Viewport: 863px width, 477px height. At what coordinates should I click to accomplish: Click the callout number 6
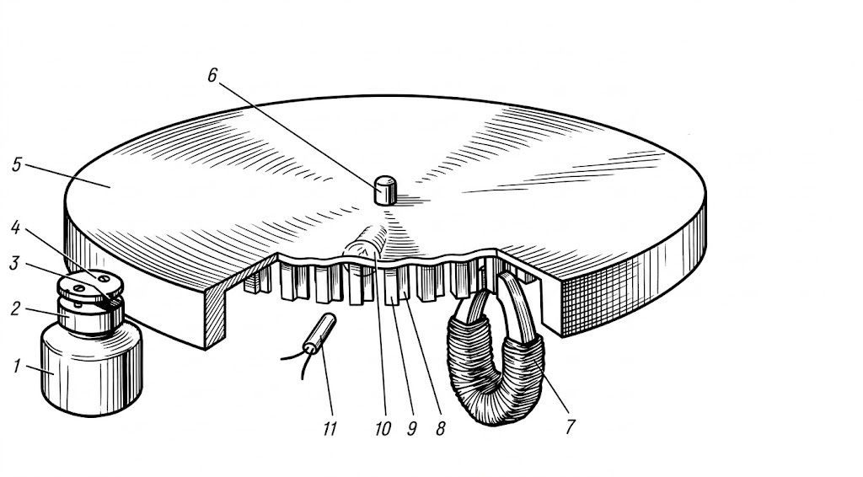212,75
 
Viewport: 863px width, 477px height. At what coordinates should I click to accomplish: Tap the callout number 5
17,164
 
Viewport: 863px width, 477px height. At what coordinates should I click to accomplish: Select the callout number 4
15,228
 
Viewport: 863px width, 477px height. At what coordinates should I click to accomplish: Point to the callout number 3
13,263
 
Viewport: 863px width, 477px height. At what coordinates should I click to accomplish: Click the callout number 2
15,308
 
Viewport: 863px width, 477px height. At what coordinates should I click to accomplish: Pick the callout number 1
17,366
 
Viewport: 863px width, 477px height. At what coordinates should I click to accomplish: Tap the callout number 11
330,428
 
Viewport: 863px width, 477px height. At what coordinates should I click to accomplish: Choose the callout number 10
383,429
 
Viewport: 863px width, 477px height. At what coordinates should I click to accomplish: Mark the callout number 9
411,429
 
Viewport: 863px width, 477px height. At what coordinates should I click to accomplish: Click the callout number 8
440,429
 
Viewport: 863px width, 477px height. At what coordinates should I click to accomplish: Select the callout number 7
570,426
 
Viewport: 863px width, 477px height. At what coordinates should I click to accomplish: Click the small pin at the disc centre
385,190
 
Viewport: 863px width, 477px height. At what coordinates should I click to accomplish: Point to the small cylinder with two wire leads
319,333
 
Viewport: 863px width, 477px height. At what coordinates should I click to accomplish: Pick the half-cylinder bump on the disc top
366,241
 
